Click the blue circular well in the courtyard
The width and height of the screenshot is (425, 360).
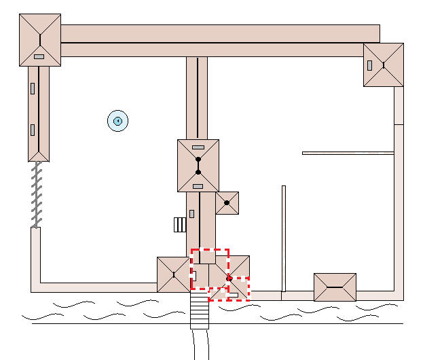(117, 122)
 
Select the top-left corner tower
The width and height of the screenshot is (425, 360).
(40, 41)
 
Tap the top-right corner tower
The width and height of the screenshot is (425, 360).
(384, 65)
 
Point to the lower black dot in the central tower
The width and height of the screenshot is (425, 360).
(198, 172)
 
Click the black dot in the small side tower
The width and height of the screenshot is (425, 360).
(227, 202)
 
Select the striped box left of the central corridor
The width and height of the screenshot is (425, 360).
(180, 225)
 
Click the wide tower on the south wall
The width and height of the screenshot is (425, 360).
(335, 287)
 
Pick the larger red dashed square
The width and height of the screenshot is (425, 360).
(210, 269)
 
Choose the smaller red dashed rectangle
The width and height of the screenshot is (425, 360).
(229, 289)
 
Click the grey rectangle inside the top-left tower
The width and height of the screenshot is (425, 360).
(39, 56)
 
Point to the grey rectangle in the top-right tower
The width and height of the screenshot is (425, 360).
(370, 65)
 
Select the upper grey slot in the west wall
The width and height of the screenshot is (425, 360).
(32, 88)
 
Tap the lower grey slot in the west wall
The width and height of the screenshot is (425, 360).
(32, 130)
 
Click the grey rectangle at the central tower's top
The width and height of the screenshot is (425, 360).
(198, 147)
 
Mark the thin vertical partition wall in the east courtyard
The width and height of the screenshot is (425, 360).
(284, 238)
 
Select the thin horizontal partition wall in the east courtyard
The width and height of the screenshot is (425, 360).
(348, 153)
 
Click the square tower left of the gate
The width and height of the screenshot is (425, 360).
(173, 274)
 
